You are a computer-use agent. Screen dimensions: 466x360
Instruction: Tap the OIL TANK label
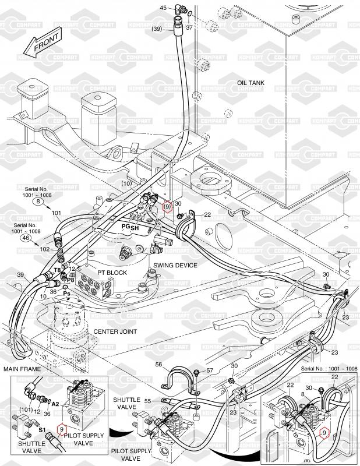click(x=250, y=83)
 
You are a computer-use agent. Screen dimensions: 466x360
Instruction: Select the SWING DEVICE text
click(x=175, y=265)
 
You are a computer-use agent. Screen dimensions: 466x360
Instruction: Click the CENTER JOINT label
click(x=115, y=331)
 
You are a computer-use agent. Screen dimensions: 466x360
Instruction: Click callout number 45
click(x=163, y=8)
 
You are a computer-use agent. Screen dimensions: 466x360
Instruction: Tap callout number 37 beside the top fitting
click(x=189, y=27)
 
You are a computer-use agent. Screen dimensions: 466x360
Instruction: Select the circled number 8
click(x=38, y=202)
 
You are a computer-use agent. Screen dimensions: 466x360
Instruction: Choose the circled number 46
click(x=26, y=238)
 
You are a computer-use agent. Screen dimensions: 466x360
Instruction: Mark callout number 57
click(x=210, y=370)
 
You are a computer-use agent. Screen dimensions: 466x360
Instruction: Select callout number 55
click(x=149, y=401)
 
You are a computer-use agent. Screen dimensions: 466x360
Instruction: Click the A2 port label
click(x=55, y=403)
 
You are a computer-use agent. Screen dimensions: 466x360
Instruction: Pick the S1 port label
click(x=43, y=432)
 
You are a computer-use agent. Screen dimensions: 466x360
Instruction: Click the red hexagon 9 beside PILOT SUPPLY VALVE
click(x=61, y=431)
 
